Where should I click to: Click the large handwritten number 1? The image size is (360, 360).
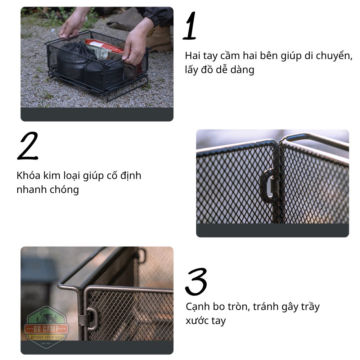coord(190,26)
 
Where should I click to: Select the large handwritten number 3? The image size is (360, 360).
coord(196,282)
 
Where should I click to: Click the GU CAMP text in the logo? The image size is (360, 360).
coord(46,329)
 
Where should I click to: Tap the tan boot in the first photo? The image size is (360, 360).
coord(159,39)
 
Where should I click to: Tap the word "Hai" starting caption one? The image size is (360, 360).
coord(193,55)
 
